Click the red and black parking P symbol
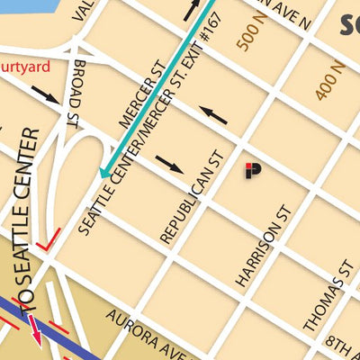coord(253,170)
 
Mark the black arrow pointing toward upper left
coord(213,114)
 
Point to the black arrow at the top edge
coord(193,9)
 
